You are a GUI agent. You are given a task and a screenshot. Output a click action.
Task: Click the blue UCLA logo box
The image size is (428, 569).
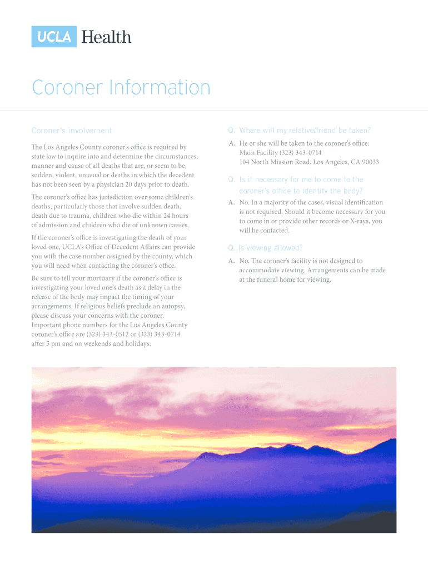point(54,37)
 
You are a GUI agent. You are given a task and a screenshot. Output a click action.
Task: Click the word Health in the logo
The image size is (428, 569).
point(107,37)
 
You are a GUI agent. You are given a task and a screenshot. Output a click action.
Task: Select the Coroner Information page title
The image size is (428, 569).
point(121,88)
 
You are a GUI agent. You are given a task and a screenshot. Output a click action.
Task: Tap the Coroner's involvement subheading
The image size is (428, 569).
point(72,131)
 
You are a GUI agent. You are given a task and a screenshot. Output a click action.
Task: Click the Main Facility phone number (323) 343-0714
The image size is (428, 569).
point(301,152)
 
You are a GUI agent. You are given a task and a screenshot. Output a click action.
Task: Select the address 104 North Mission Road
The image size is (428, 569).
point(275,162)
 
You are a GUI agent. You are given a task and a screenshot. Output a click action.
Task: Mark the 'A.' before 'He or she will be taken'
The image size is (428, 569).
point(232,143)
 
